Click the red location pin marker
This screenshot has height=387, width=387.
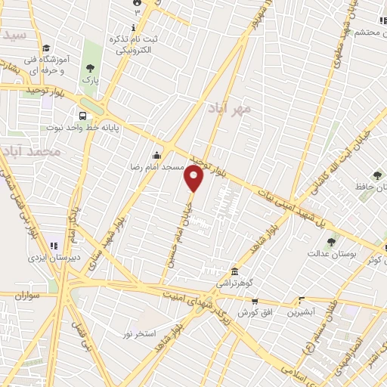193,178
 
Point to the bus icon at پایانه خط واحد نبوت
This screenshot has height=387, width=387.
82,116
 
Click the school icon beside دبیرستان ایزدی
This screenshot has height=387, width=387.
53,244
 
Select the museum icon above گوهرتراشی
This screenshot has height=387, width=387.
236,271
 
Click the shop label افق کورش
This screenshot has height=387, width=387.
253,312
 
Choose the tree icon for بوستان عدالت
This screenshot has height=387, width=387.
331,242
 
